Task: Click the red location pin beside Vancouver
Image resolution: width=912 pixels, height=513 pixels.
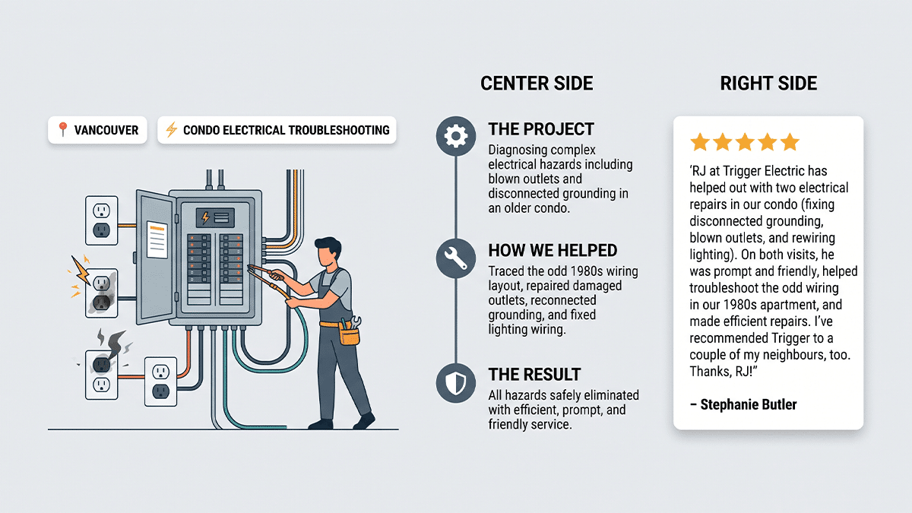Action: [62, 129]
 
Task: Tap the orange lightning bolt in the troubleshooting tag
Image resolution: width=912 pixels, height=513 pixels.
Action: [172, 129]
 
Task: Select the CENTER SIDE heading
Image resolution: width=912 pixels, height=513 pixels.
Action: [537, 84]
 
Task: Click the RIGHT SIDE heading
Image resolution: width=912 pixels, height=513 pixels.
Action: [768, 84]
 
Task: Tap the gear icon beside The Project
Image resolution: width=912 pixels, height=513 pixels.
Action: [455, 136]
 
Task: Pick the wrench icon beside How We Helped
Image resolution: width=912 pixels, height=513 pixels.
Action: [455, 258]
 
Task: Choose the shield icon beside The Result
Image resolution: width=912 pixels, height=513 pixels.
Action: [455, 383]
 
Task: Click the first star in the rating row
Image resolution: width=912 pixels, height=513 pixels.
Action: [700, 142]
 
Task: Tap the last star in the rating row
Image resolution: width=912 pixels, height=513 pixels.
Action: [790, 142]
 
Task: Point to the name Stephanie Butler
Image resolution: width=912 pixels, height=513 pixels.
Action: [749, 404]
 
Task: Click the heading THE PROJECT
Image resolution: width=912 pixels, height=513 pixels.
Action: [541, 129]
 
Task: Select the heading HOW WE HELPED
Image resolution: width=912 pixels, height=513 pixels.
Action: [553, 250]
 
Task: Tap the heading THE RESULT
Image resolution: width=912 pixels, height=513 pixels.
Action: [534, 375]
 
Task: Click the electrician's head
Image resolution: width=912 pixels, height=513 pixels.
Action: [328, 252]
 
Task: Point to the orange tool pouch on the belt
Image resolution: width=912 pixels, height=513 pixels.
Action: [350, 335]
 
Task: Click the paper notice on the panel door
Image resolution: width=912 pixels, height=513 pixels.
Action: [157, 240]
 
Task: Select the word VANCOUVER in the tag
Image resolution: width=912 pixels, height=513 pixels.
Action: [106, 130]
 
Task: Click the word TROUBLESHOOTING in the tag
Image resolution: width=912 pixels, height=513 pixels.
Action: [339, 130]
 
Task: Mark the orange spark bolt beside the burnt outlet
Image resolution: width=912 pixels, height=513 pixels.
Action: [81, 270]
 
